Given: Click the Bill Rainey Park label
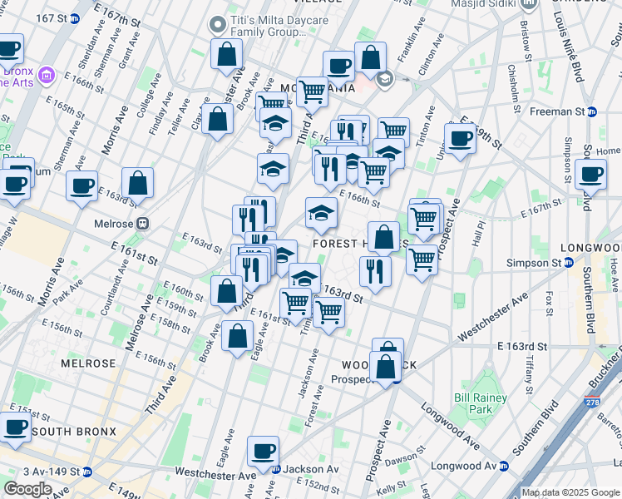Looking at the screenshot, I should pos(474,403).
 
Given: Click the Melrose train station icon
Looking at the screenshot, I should pos(144,223).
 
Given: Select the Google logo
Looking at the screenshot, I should pos(27,489).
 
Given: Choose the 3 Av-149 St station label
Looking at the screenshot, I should pos(40,471).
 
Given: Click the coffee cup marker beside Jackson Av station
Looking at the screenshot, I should pos(264,451).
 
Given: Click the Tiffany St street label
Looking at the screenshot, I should pos(530,372).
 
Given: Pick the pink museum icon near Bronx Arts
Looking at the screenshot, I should pos(47,77).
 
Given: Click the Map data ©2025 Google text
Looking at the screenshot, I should pos(570,492).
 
